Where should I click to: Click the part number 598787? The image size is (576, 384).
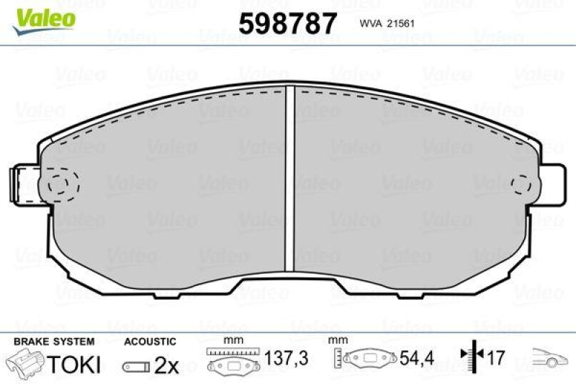click(287, 24)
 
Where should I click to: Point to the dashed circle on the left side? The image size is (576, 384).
click(63, 183)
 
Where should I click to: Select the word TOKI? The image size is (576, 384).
click(74, 365)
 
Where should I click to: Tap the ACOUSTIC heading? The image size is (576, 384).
click(150, 341)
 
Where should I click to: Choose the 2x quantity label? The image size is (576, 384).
click(166, 365)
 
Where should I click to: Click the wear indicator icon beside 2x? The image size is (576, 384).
click(136, 366)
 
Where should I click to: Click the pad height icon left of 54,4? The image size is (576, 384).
click(366, 359)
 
